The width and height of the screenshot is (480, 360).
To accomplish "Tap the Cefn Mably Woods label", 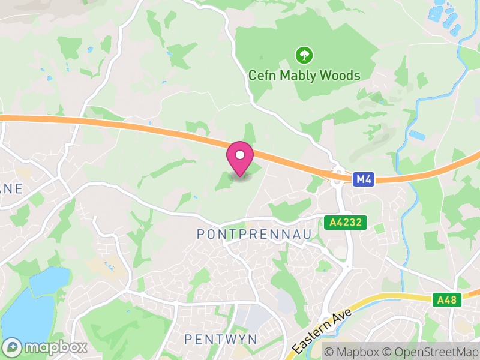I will pyautogui.click(x=305, y=76).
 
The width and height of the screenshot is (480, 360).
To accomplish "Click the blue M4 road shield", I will pyautogui.click(x=364, y=179).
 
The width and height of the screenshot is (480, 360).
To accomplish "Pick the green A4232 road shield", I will pyautogui.click(x=346, y=223).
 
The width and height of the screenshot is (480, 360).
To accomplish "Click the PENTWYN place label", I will pyautogui.click(x=221, y=340).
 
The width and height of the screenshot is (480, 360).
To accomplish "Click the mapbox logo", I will pyautogui.click(x=45, y=347).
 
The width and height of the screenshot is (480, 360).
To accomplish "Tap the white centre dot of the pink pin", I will pyautogui.click(x=240, y=155).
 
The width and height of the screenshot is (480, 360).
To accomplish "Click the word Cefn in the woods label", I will pyautogui.click(x=262, y=76).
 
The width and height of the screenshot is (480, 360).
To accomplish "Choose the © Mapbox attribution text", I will pyautogui.click(x=351, y=352).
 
